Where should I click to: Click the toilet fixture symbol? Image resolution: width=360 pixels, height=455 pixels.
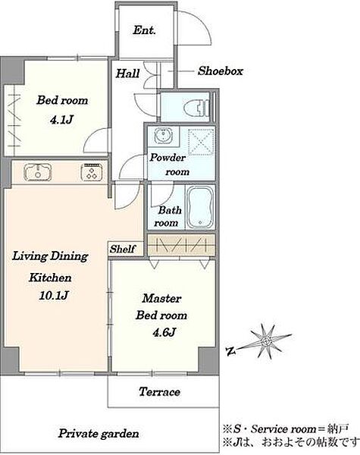pyautogui.click(x=197, y=108)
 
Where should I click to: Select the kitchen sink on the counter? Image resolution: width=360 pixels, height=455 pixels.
pyautogui.click(x=38, y=172)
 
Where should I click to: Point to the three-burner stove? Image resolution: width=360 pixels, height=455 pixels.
pyautogui.click(x=92, y=172)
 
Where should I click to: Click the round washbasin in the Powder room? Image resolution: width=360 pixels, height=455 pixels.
pyautogui.click(x=164, y=136)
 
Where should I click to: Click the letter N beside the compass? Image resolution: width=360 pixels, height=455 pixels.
pyautogui.click(x=231, y=351)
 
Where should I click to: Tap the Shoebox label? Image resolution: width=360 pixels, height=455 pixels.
pyautogui.click(x=221, y=71)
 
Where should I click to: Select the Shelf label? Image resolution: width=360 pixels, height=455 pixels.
pyautogui.click(x=123, y=249)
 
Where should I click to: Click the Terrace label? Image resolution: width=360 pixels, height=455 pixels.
pyautogui.click(x=159, y=392)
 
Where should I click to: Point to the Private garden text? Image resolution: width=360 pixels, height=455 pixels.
pyautogui.click(x=99, y=434)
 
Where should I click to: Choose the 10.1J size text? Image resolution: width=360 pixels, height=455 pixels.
pyautogui.click(x=54, y=296)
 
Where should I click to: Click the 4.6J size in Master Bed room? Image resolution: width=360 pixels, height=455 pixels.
pyautogui.click(x=164, y=332)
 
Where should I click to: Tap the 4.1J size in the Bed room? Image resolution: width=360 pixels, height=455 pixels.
pyautogui.click(x=61, y=119)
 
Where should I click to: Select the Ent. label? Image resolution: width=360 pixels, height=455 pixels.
pyautogui.click(x=144, y=30)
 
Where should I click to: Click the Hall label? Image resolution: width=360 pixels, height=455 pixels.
pyautogui.click(x=127, y=74)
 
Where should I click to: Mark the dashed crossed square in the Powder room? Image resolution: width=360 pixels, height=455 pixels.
pyautogui.click(x=202, y=142)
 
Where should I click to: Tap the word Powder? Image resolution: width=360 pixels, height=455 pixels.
pyautogui.click(x=167, y=158)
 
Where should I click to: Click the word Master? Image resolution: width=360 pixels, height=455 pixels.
pyautogui.click(x=161, y=298)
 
